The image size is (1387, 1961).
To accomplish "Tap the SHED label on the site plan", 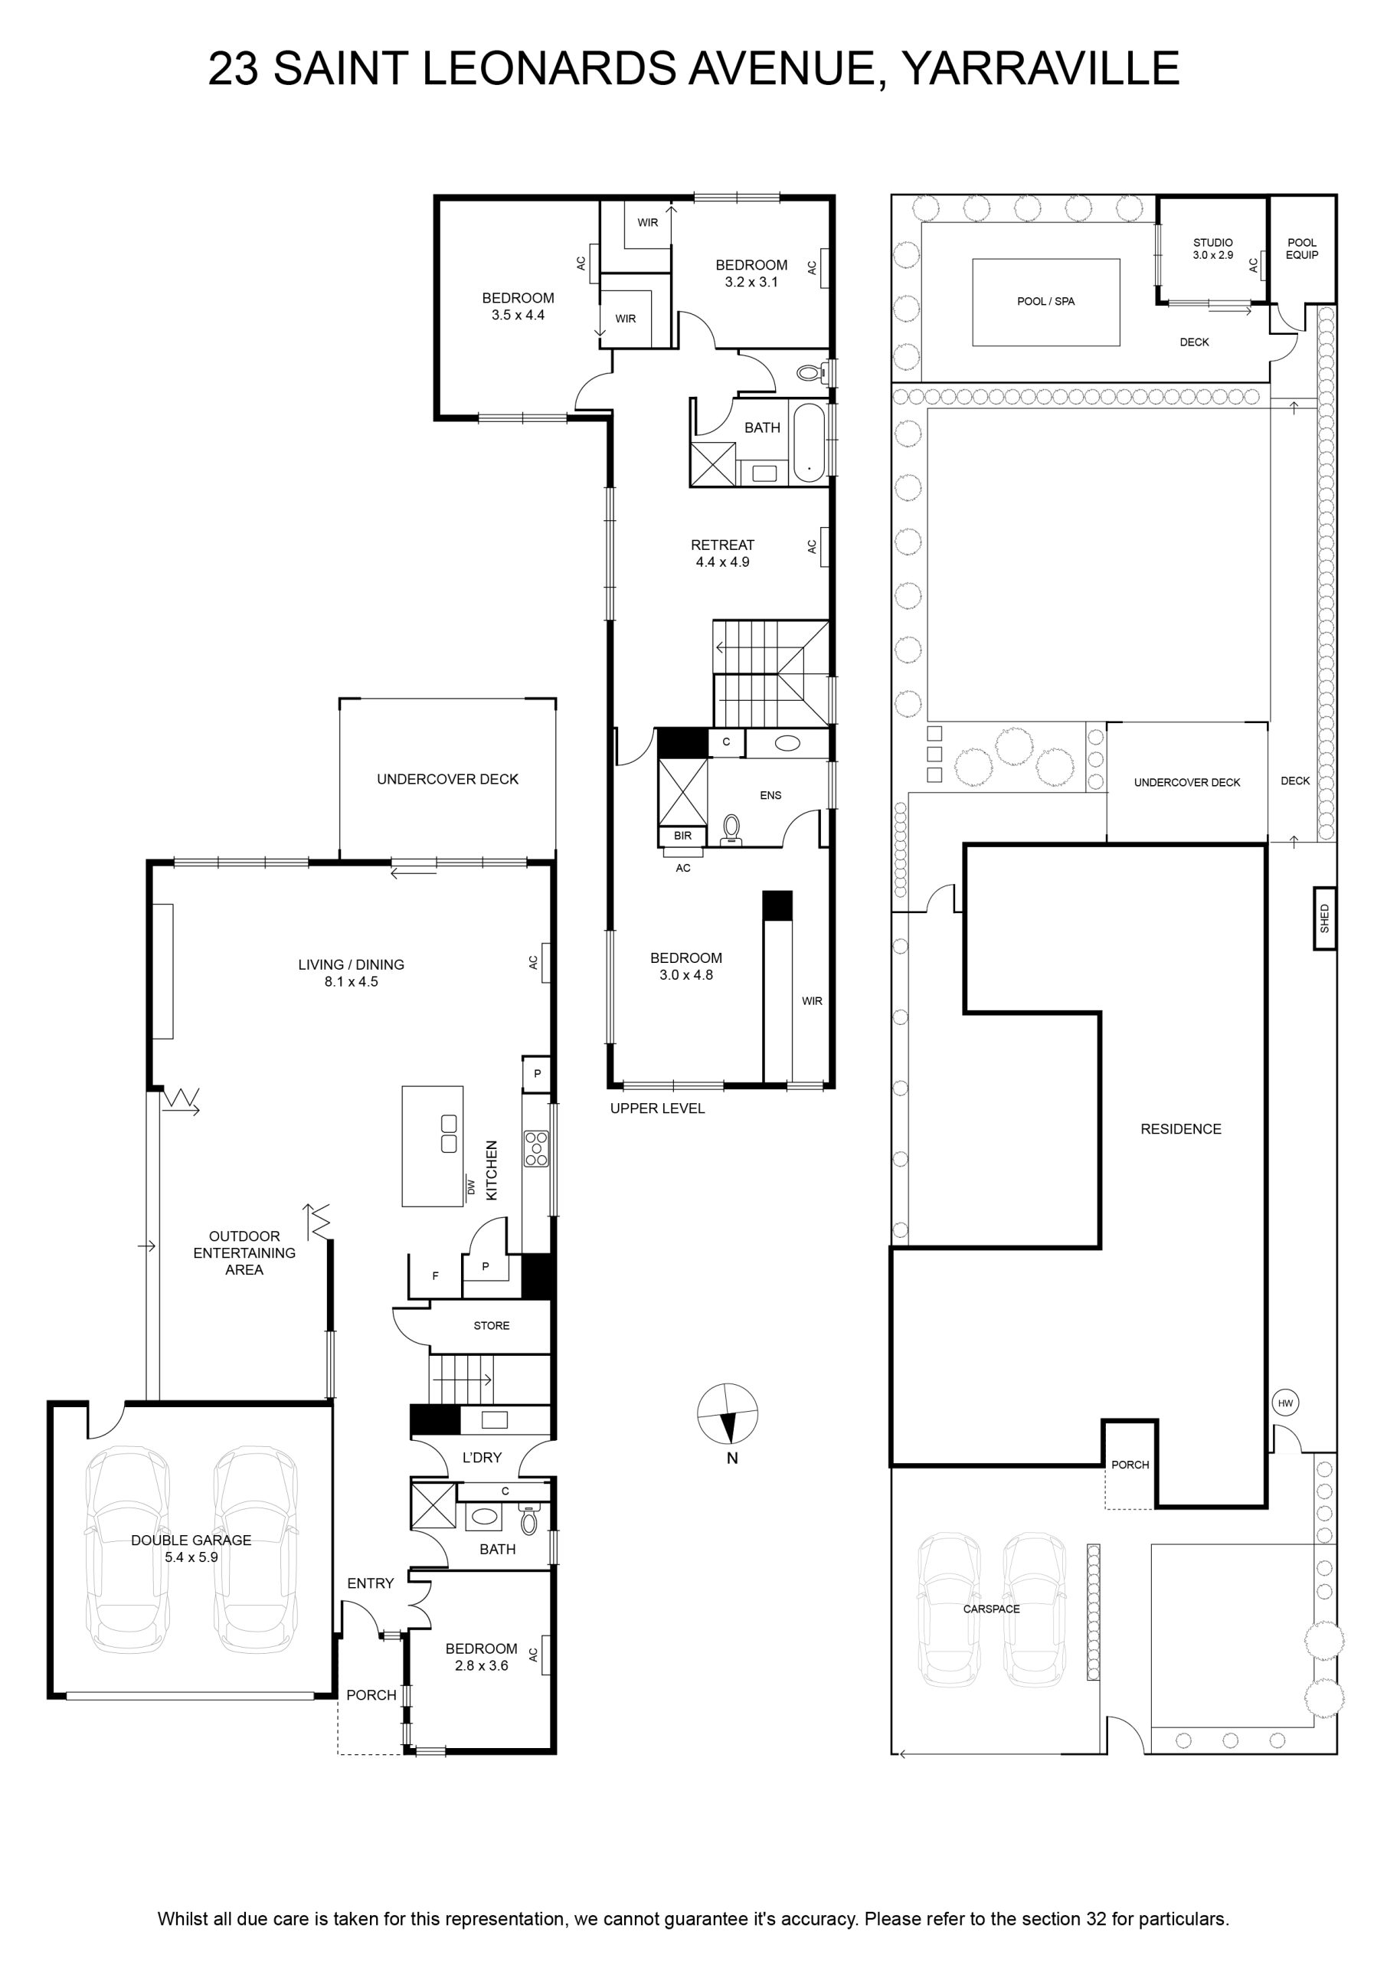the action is pos(1325,918).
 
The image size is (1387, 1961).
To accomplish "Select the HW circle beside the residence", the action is pos(1285,1403).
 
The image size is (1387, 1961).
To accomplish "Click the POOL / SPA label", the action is pos(1045,302).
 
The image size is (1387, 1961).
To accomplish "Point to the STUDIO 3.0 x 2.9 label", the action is pos(1213,248).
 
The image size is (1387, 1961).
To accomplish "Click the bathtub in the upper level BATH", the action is pos(809,443).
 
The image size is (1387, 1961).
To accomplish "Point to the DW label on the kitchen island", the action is pos(469,1187).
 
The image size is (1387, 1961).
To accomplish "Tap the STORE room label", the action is pos(491,1325).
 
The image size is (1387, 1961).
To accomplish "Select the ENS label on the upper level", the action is pos(770,795).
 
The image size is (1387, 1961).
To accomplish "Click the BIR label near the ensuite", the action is pos(682,835).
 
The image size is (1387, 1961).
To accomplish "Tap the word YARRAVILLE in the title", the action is pos(1041,68).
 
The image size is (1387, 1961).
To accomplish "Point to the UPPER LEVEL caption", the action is pos(657,1108).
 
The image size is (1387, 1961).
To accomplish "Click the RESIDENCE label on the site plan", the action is pos(1180,1129).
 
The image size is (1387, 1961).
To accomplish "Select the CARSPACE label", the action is pos(992,1609).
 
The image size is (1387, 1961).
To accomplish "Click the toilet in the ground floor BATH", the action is pos(529,1520).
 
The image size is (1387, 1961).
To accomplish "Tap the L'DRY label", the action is pos(482,1458).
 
